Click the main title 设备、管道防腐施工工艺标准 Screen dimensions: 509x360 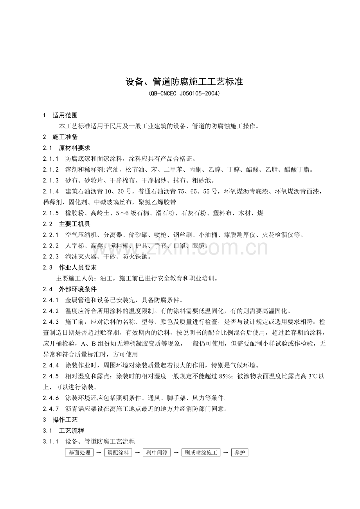click(x=184, y=82)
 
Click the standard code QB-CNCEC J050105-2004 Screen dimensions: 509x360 click(x=184, y=94)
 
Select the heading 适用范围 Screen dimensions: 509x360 click(x=65, y=115)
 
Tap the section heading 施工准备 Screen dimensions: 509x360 click(x=65, y=137)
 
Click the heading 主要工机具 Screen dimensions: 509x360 click(x=74, y=224)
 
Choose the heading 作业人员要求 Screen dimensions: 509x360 click(x=77, y=267)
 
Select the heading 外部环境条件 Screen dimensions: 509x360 click(x=77, y=289)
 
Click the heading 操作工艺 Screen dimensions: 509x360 click(x=65, y=419)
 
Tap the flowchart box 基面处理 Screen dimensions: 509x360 click(x=79, y=453)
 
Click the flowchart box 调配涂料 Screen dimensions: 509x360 click(x=118, y=453)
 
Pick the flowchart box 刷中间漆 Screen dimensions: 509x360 click(x=157, y=453)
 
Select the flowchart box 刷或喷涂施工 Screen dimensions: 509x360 click(x=201, y=453)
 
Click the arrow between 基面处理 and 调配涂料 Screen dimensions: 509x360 click(x=99, y=453)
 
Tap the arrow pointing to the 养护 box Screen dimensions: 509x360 click(x=226, y=453)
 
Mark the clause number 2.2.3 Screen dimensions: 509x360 click(x=51, y=256)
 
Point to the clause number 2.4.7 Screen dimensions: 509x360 click(x=51, y=409)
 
